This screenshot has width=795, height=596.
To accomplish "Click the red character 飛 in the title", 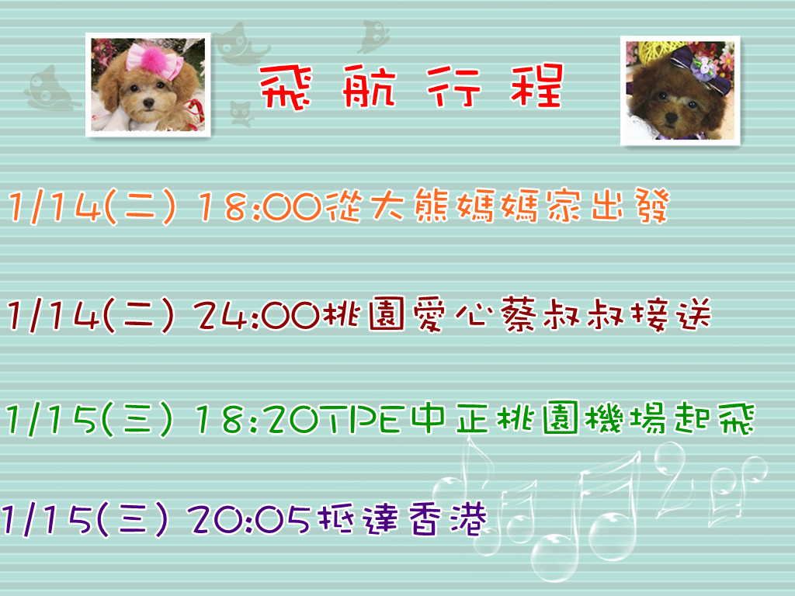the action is coord(286,87).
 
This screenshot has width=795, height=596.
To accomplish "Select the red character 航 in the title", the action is coord(369,87).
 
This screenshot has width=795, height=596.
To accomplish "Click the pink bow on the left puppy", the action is coord(154,61).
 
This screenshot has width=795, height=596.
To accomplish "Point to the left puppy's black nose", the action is coord(148,103).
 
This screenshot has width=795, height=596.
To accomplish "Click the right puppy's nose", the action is coord(672,118).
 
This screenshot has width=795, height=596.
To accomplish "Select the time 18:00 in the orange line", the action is coord(260,206).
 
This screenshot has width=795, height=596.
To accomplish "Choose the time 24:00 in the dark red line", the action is coord(256,316).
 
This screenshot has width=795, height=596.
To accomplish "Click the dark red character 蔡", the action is coord(518,315).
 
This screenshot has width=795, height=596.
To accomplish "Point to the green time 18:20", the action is coord(260,419).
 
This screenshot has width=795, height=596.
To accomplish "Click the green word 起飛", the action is coord(715,418).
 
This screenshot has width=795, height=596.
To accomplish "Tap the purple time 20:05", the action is coord(249,519).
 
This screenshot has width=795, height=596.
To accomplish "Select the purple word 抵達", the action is coord(357,519).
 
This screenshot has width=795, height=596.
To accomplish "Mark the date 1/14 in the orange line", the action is coord(55,207).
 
